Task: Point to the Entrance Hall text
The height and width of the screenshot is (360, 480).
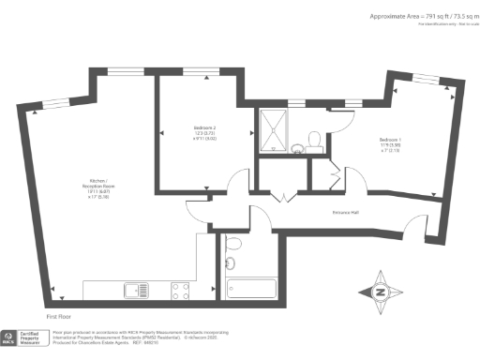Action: (348, 212)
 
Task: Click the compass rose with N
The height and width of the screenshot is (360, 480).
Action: (380, 292)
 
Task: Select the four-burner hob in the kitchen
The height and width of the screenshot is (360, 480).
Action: (181, 292)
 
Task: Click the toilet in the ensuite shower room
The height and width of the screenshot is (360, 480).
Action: (314, 140)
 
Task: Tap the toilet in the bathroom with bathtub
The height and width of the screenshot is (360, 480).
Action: (234, 244)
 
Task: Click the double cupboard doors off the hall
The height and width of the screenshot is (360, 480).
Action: (282, 198)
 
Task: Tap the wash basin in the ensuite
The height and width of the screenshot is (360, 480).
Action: (294, 145)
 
